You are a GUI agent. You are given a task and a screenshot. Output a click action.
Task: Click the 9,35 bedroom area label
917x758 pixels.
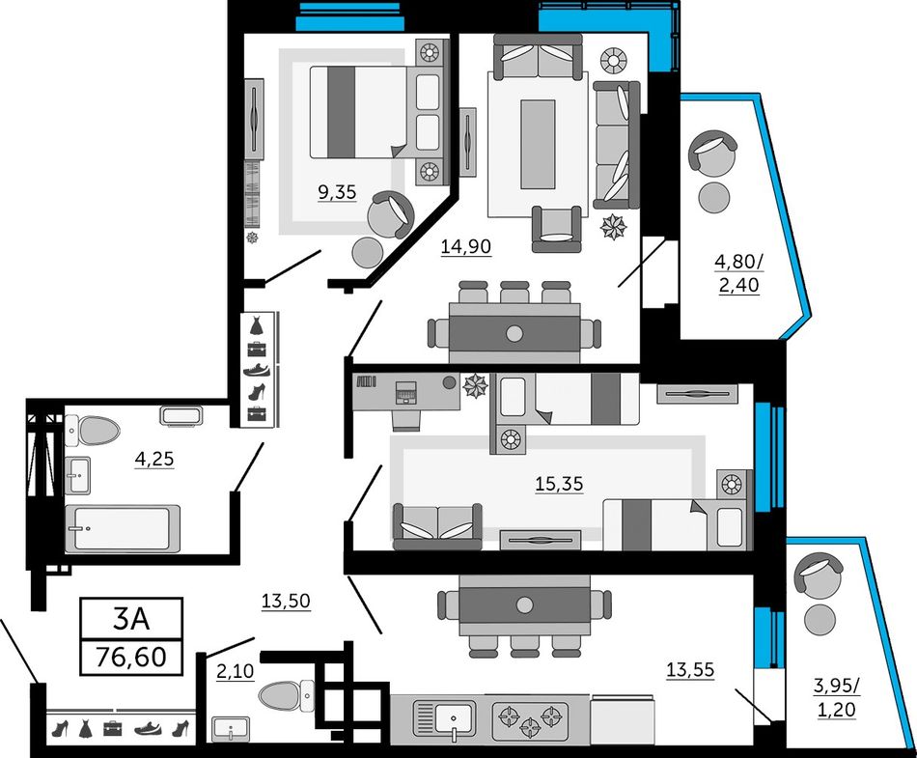337,192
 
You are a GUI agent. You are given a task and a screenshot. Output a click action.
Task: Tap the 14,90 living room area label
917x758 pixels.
465,247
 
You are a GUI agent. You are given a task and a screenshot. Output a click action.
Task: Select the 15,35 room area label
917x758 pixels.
559,485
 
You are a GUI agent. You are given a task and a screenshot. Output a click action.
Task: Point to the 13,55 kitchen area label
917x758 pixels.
690,670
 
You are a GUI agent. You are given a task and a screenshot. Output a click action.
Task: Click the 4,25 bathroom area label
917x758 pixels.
154,459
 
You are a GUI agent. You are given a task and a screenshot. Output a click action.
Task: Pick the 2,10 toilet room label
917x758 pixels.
236,672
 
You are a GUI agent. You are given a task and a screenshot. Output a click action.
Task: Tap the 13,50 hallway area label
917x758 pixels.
286,602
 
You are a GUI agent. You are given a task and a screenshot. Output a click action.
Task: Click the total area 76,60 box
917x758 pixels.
131,657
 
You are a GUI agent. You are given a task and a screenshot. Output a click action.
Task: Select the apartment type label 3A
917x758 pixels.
131,619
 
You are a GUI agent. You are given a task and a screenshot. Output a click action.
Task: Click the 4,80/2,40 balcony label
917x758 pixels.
738,273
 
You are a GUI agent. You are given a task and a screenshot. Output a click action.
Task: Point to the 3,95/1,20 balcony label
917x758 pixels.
836,697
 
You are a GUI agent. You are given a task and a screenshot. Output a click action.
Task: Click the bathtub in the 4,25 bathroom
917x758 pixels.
123,528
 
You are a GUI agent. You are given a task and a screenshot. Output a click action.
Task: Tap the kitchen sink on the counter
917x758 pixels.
444,718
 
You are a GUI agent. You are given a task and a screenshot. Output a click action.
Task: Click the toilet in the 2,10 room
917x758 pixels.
287,696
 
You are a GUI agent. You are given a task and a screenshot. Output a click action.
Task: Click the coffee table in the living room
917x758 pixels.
538,144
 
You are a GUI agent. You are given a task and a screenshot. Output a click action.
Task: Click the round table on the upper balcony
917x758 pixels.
714,198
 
